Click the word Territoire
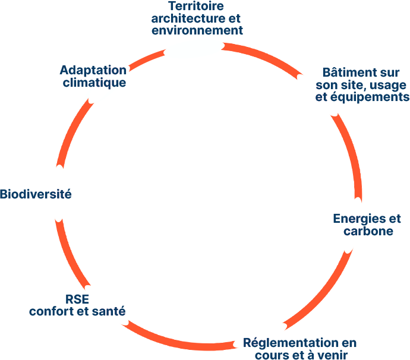pos(196,7)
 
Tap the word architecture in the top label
pos(188,18)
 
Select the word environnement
pos(197,30)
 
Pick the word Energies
pos(358,219)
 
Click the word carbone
pos(368,231)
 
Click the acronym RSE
pos(77,299)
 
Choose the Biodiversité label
pos(36,194)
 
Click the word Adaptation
pos(93,70)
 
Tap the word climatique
pos(94,83)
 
